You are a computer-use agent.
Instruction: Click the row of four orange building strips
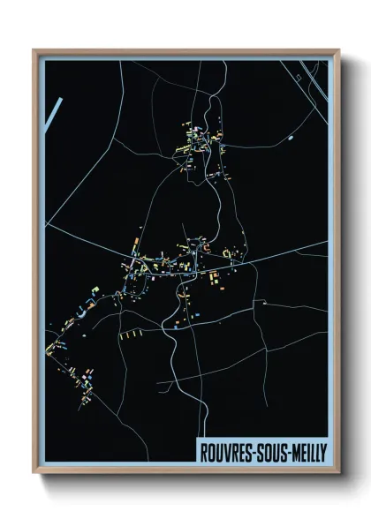click(132, 336)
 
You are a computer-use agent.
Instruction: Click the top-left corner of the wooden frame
click(34, 51)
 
